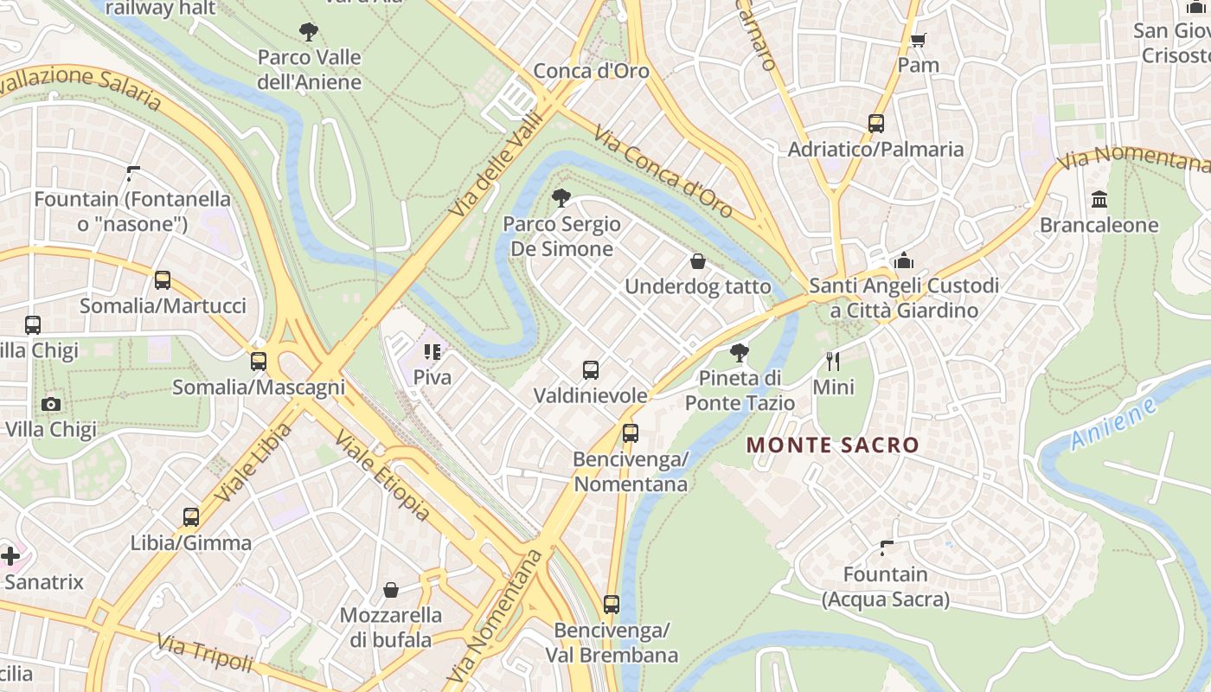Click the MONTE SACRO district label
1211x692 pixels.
coord(832,445)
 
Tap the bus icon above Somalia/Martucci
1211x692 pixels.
coord(163,280)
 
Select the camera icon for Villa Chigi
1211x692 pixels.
coord(51,404)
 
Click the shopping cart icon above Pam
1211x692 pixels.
coord(919,40)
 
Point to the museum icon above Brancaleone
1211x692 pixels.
coord(1099,200)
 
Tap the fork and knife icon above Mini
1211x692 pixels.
coord(833,361)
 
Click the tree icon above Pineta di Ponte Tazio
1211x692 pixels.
coord(740,352)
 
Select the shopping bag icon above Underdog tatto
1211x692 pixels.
coord(698,261)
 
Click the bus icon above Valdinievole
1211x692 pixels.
coord(591,370)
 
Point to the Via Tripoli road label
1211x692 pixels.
coord(206,653)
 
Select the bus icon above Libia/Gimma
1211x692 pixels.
coord(191,517)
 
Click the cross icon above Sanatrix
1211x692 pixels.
coord(10,555)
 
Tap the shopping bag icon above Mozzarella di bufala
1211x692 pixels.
coord(391,590)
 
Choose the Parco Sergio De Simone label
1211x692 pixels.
coord(562,236)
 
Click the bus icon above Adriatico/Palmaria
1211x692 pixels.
coord(876,124)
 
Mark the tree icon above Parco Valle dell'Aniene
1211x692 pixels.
coord(309,33)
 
